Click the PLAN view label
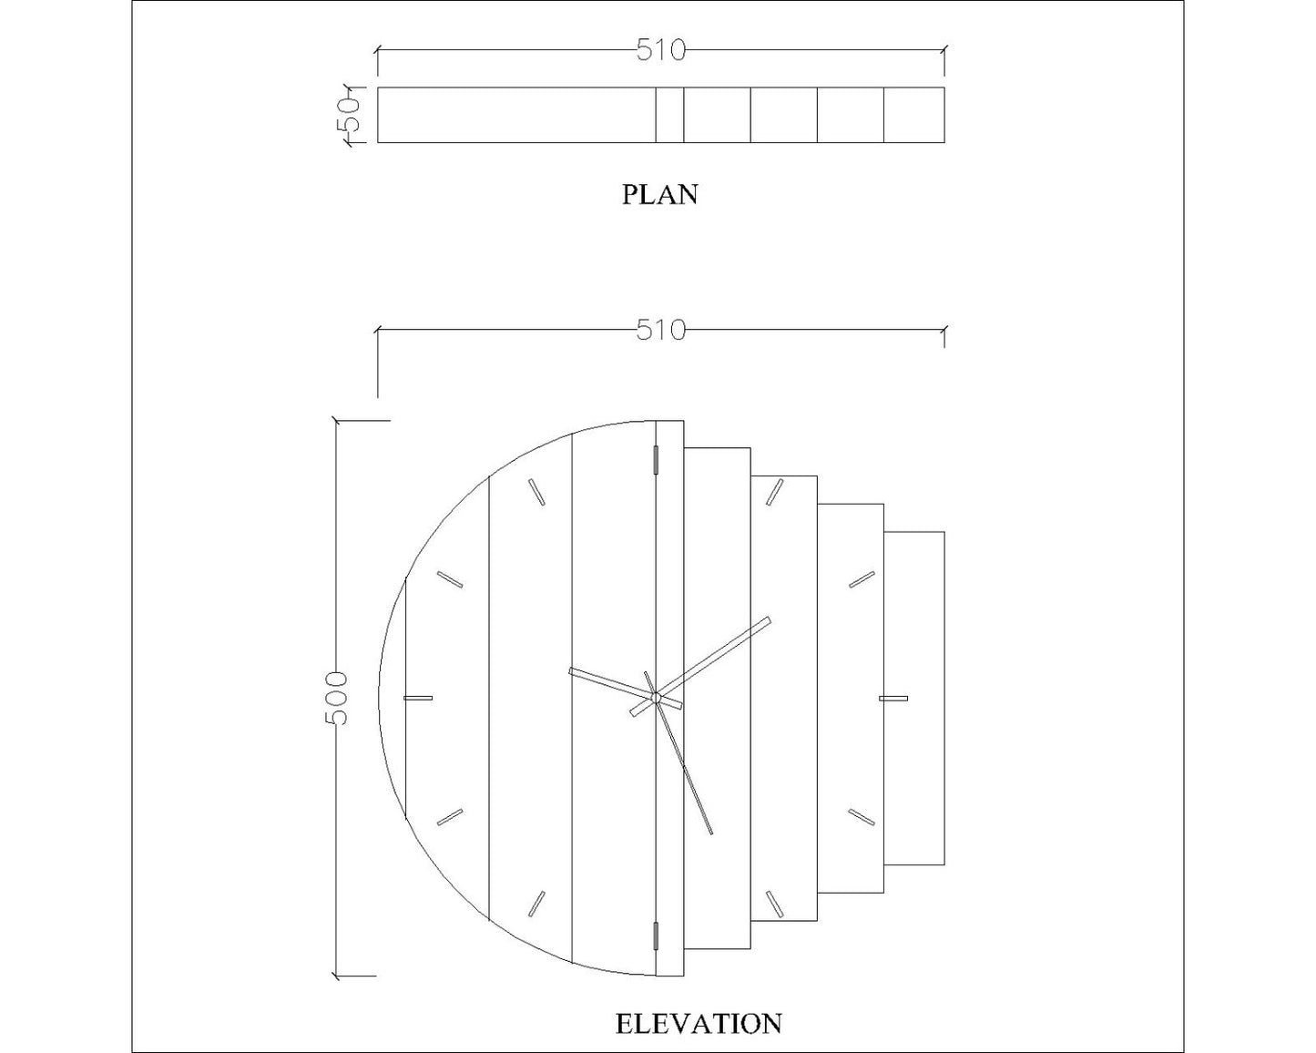pyautogui.click(x=659, y=194)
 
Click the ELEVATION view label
pyautogui.click(x=699, y=1023)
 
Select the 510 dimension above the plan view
pyautogui.click(x=660, y=51)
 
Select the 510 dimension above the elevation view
pyautogui.click(x=660, y=331)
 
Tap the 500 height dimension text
pyautogui.click(x=336, y=698)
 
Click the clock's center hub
pyautogui.click(x=656, y=698)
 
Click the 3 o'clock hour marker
pyautogui.click(x=893, y=699)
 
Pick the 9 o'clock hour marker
pyautogui.click(x=417, y=698)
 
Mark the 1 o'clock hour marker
pyautogui.click(x=775, y=492)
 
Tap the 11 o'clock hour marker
pyautogui.click(x=536, y=492)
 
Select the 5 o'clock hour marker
pyautogui.click(x=775, y=904)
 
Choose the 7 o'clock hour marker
pyautogui.click(x=536, y=904)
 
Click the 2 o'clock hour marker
pyautogui.click(x=862, y=579)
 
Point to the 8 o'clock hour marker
pyautogui.click(x=450, y=817)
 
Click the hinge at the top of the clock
pyautogui.click(x=656, y=460)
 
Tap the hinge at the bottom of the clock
pyautogui.click(x=656, y=935)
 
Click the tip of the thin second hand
pyautogui.click(x=711, y=833)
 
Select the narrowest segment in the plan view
pyautogui.click(x=669, y=115)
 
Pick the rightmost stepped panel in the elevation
pyautogui.click(x=914, y=698)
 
